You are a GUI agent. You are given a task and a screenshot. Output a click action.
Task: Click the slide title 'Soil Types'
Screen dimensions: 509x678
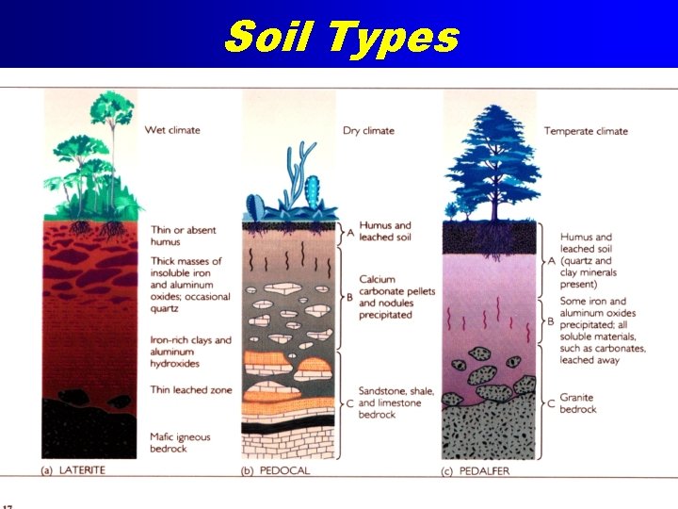click(341, 38)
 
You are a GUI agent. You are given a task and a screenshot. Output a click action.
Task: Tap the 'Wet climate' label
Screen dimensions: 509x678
click(172, 130)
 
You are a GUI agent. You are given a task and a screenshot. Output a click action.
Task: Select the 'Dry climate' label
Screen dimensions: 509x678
click(368, 130)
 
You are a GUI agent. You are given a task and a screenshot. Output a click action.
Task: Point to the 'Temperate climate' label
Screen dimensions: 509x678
click(586, 131)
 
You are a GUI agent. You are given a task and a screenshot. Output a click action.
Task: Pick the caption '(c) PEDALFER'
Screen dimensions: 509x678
click(476, 470)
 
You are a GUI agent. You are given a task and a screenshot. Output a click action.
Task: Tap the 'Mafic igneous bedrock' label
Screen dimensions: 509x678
click(181, 443)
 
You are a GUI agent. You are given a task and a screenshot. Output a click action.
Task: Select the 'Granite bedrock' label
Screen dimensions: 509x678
click(579, 403)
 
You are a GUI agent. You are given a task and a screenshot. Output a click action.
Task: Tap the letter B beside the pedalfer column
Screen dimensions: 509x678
click(550, 321)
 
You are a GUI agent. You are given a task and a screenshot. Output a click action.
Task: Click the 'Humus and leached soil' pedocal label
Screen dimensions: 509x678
click(384, 232)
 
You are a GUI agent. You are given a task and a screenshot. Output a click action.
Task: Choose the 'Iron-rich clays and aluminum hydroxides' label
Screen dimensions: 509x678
click(190, 352)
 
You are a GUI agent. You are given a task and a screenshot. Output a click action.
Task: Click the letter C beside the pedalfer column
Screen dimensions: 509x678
click(550, 403)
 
